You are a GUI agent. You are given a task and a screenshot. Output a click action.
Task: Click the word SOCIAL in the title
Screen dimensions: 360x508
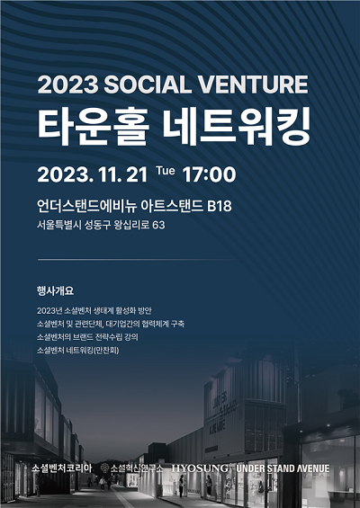148,85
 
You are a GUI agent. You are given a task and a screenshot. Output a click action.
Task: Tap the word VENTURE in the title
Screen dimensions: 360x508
253,85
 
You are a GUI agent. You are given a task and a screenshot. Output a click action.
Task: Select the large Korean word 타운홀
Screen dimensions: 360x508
94,127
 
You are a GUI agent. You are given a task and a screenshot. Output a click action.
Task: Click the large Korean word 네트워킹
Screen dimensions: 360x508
237,127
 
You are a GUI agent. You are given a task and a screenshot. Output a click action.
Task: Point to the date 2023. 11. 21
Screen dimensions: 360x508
93,174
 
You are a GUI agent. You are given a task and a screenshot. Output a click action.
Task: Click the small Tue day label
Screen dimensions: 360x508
166,171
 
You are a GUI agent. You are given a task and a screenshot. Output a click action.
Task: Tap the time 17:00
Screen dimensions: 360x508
209,174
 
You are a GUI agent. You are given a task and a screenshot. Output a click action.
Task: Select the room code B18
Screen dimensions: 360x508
220,206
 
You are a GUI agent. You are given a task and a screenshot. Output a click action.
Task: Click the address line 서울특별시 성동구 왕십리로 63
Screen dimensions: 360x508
101,225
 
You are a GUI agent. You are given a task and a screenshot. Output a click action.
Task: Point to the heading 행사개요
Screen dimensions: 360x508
56,290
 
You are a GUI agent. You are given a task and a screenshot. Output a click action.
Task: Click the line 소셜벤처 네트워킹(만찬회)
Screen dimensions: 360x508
77,351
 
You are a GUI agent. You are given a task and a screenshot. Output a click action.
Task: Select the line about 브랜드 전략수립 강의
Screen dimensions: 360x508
87,337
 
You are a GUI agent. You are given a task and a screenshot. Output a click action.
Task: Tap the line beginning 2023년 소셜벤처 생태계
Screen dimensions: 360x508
94,311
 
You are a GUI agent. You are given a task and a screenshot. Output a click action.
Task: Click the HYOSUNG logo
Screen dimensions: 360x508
200,468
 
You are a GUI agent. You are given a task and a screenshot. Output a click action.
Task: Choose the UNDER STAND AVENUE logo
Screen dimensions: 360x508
283,468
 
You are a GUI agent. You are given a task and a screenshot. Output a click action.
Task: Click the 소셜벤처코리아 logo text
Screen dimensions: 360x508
61,468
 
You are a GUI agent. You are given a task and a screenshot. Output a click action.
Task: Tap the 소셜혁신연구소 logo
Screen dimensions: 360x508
132,468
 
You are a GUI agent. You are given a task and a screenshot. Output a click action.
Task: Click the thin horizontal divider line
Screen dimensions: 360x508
138,260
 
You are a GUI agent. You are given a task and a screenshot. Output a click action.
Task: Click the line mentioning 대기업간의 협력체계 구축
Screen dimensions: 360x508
111,324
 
